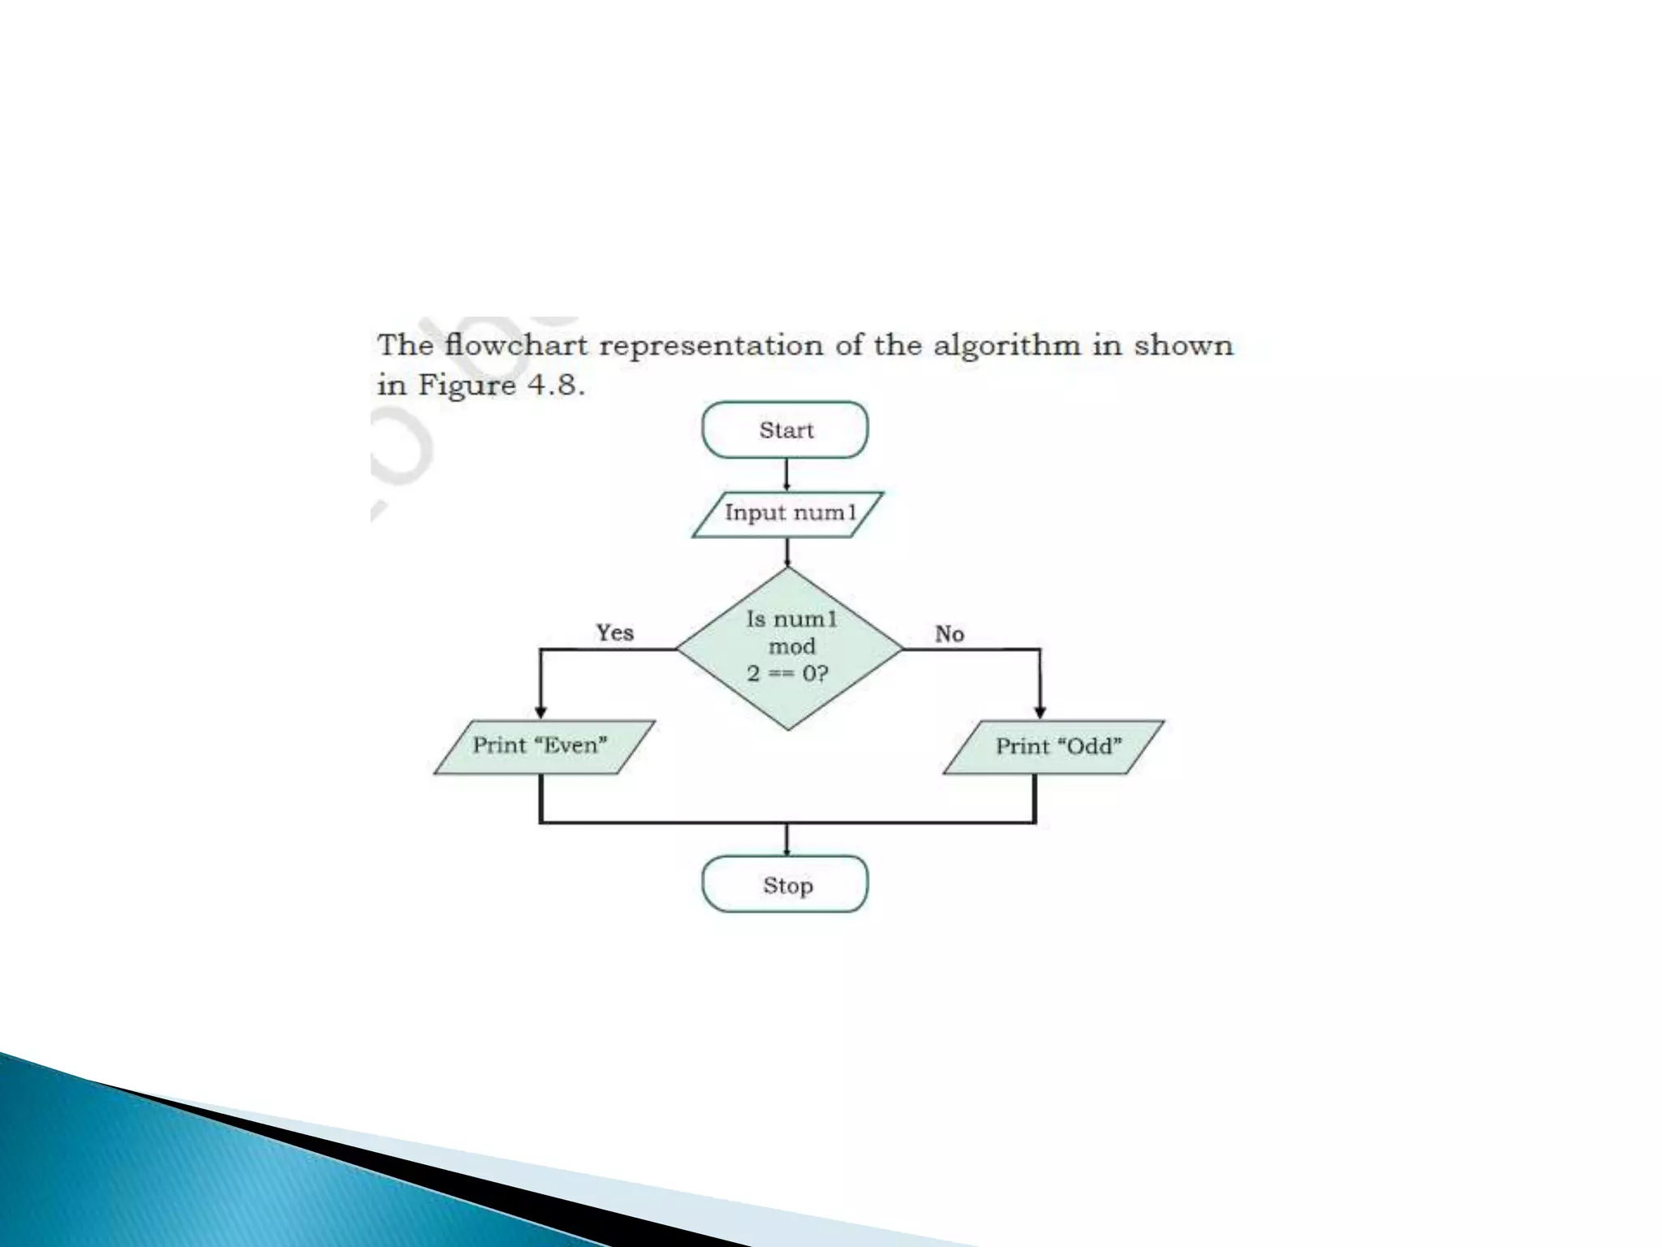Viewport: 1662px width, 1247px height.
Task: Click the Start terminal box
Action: [785, 429]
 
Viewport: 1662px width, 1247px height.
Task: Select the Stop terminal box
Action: [785, 884]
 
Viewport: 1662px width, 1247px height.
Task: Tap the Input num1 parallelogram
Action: [788, 514]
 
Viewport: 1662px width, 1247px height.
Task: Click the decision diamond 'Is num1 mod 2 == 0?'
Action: [789, 649]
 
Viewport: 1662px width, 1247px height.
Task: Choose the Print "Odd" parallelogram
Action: [1053, 747]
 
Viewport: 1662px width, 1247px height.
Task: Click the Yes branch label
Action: [615, 632]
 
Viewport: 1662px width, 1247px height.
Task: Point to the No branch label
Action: [949, 634]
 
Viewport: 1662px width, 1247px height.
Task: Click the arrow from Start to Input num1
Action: [786, 475]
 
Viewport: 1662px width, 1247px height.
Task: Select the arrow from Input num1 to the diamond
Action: [787, 552]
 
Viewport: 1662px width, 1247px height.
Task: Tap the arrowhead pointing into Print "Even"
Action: [541, 712]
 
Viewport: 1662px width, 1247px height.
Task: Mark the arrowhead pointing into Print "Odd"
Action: [1040, 712]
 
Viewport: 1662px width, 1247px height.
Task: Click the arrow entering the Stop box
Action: [786, 841]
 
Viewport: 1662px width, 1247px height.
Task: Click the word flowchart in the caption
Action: [516, 345]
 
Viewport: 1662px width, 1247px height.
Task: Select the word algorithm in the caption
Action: [1006, 345]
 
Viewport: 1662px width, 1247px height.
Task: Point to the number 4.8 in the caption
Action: [555, 384]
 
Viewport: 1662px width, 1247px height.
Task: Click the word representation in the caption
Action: [710, 346]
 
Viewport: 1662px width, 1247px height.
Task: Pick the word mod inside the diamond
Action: [792, 646]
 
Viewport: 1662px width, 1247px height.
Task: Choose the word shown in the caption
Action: [1183, 345]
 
